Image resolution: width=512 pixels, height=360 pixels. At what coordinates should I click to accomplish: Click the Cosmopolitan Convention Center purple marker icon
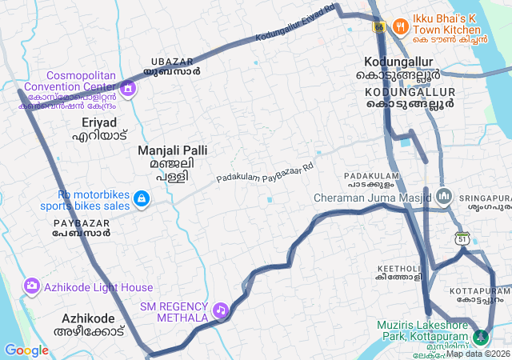pyautogui.click(x=126, y=86)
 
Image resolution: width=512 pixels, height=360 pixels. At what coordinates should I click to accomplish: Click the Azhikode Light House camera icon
pyautogui.click(x=32, y=285)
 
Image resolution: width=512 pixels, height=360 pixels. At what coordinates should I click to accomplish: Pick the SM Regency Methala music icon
pyautogui.click(x=220, y=308)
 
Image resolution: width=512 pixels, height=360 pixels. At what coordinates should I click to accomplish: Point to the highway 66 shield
pyautogui.click(x=378, y=26)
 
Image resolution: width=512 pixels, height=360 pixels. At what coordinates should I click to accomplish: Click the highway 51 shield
pyautogui.click(x=462, y=238)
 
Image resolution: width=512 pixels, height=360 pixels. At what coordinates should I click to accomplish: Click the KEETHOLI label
pyautogui.click(x=398, y=272)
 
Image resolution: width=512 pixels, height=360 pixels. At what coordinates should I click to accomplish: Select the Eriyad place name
pyautogui.click(x=99, y=129)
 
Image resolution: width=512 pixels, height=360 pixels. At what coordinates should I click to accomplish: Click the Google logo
pyautogui.click(x=26, y=350)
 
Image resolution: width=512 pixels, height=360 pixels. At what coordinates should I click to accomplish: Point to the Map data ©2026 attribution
pyautogui.click(x=478, y=354)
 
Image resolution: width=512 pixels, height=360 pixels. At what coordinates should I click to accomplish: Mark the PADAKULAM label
pyautogui.click(x=372, y=180)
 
